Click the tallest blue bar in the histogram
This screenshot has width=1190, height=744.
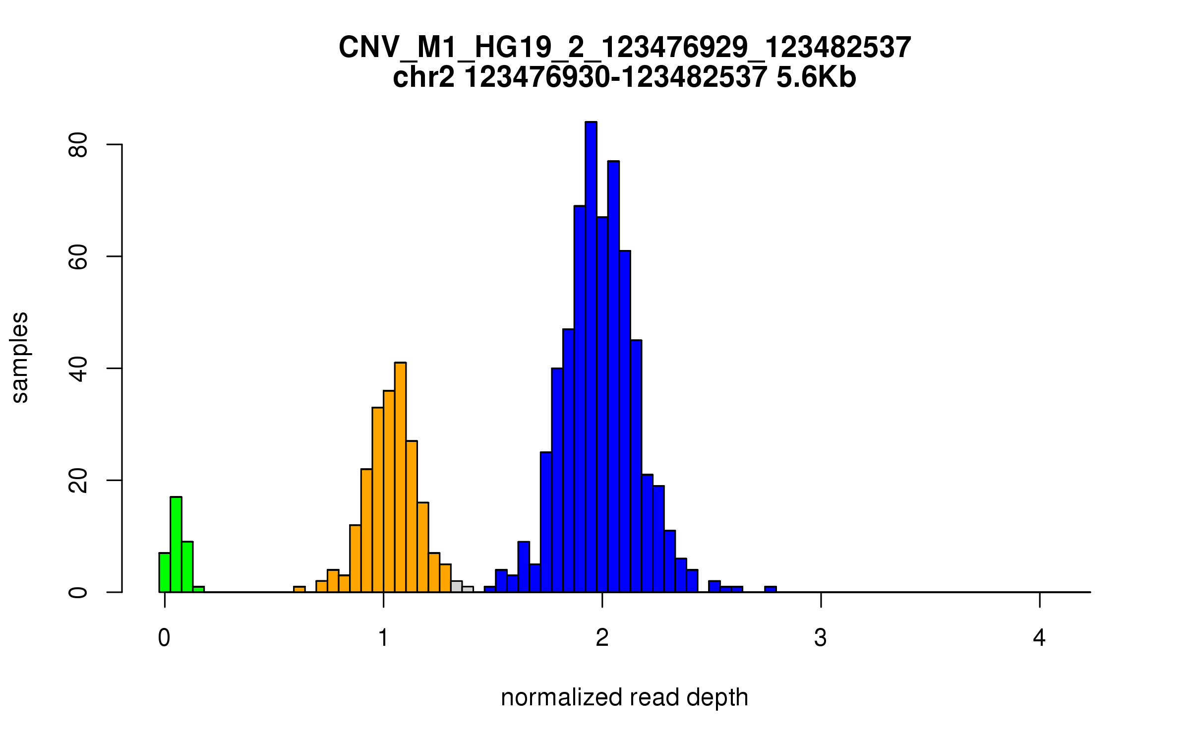click(591, 357)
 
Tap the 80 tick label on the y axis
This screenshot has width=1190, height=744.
click(78, 145)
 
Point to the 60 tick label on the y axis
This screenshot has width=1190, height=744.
click(78, 257)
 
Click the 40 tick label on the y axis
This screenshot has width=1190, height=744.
click(78, 369)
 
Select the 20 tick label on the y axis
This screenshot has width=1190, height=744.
click(78, 481)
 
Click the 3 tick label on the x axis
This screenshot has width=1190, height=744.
click(821, 638)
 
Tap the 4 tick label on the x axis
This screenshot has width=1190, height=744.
click(1039, 638)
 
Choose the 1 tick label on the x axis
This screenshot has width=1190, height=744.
click(383, 638)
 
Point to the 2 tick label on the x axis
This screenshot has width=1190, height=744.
click(602, 638)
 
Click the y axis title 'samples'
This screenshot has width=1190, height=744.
click(20, 357)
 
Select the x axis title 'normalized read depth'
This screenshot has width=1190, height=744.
click(624, 697)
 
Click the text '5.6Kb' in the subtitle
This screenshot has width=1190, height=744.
click(816, 78)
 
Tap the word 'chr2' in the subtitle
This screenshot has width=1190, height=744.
click(423, 78)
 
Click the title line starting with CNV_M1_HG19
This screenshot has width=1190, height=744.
click(624, 48)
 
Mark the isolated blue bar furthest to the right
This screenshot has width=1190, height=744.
click(770, 589)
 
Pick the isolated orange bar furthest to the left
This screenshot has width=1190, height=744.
click(299, 589)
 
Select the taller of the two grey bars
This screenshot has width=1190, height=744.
click(456, 586)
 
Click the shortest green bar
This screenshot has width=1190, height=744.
click(198, 589)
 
